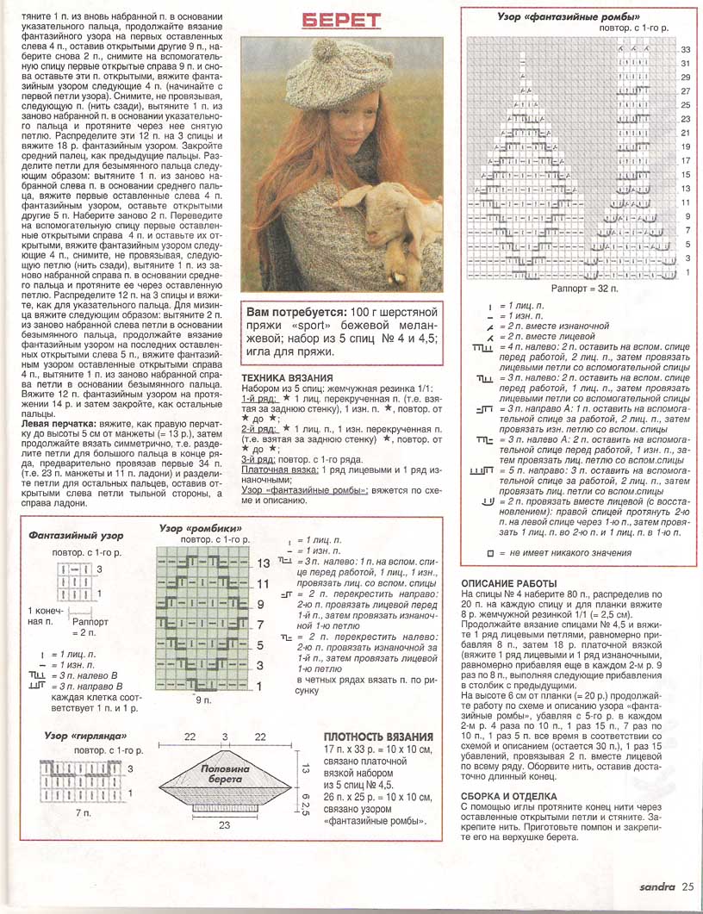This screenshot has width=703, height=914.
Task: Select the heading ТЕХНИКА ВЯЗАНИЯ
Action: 287,377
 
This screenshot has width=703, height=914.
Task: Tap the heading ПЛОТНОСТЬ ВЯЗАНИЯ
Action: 378,737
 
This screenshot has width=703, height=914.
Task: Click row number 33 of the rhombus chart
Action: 686,50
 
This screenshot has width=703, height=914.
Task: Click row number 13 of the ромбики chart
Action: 264,562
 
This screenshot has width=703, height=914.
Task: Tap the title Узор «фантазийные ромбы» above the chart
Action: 569,16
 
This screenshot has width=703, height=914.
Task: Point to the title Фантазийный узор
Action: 65,534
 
